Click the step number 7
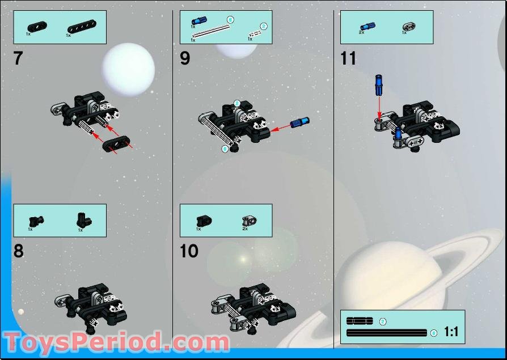18,58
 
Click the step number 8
19,251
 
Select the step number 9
185,58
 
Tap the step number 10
189,251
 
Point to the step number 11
348,58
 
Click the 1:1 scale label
451,332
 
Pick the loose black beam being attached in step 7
116,144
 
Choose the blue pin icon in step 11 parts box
366,26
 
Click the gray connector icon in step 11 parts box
408,26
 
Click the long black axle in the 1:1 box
387,333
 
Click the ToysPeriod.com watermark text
117,343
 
